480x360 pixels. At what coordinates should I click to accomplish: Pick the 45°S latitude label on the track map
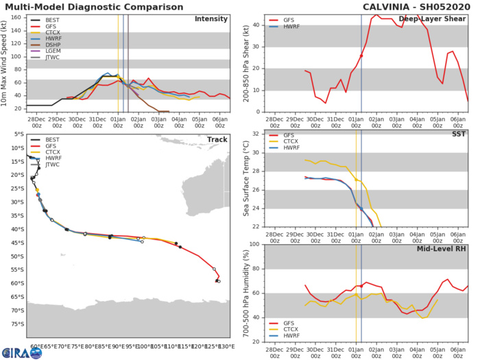pyautogui.click(x=18, y=243)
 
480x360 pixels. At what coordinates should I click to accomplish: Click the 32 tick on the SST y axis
pyautogui.click(x=254, y=133)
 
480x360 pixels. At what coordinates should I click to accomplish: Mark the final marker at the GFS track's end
pyautogui.click(x=219, y=281)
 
